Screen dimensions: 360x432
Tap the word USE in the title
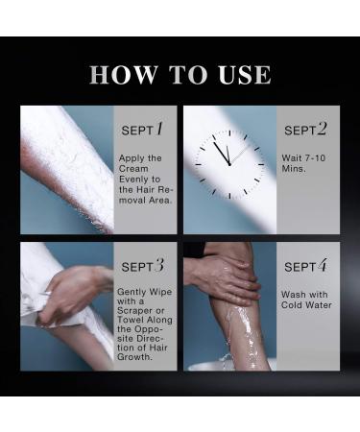coord(245,75)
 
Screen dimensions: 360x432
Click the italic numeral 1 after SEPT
coord(159,129)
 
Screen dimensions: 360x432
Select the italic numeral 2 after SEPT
coord(322,129)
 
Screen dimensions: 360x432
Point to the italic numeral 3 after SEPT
coord(159,265)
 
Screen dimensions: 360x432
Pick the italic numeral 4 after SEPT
coord(323,265)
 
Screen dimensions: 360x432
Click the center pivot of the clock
coord(229,164)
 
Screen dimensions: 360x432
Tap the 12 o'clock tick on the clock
coord(229,132)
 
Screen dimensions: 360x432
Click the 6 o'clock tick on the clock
coord(229,196)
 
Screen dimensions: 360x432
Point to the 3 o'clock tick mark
coord(261,164)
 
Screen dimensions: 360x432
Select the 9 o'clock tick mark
coord(198,164)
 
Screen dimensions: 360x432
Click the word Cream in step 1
coord(133,169)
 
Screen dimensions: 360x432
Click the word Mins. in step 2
coord(294,169)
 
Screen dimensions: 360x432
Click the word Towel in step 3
coord(130,320)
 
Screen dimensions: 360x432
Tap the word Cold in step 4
coord(291,305)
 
